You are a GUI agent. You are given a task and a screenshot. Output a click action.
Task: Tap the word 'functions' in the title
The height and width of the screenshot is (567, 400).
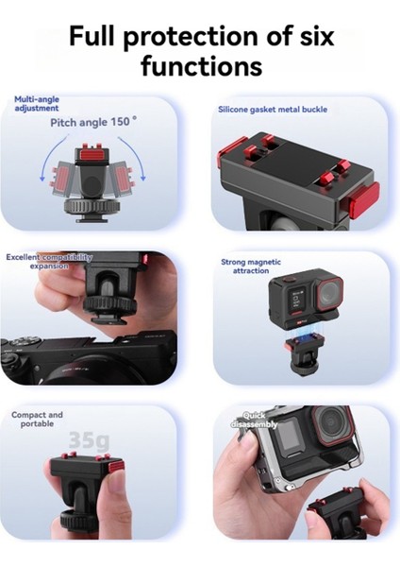(x=200, y=67)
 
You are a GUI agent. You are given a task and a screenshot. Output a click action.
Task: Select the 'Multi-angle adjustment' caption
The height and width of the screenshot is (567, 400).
(x=38, y=103)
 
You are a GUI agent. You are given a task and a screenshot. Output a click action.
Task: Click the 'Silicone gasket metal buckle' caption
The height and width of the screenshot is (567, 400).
(x=274, y=110)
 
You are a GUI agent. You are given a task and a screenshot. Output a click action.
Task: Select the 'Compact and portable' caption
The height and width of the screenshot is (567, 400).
(x=38, y=420)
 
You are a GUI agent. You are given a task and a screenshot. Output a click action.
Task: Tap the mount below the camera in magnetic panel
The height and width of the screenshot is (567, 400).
(x=299, y=354)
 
